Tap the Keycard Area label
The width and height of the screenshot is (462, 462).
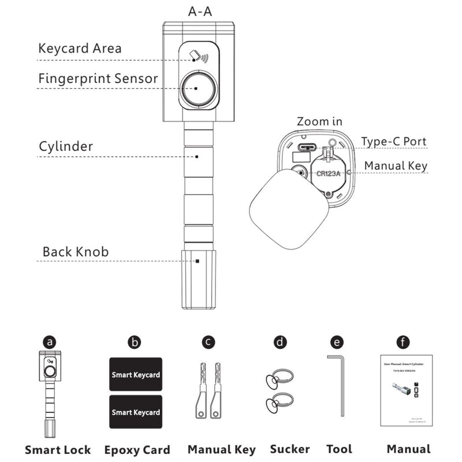(x=80, y=48)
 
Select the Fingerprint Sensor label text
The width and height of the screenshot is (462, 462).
(x=98, y=78)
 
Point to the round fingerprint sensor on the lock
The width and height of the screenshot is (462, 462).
(x=198, y=89)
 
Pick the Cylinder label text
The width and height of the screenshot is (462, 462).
(x=65, y=146)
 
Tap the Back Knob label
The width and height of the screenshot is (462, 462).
(x=75, y=252)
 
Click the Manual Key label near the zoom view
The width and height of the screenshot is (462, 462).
(x=396, y=166)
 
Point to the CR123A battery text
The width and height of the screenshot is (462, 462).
(x=327, y=172)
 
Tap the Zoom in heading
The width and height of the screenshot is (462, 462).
(x=319, y=122)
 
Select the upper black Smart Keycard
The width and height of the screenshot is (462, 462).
(x=136, y=375)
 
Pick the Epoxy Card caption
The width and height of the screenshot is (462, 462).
(x=137, y=449)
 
